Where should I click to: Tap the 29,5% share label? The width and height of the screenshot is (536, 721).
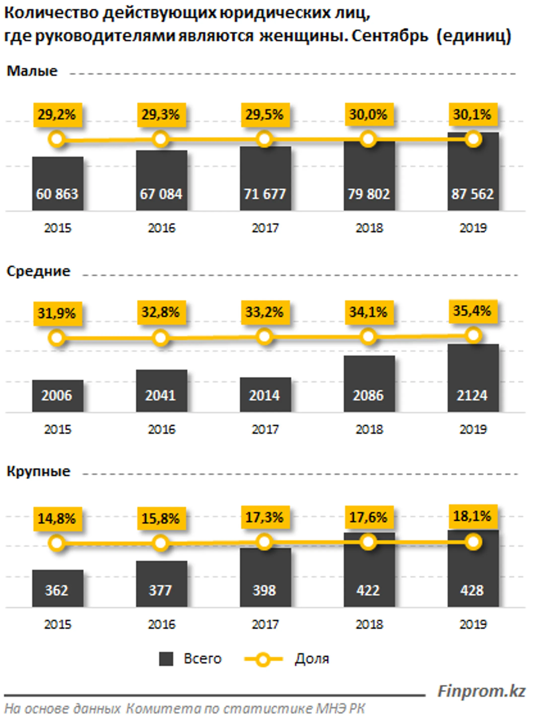tap(265, 115)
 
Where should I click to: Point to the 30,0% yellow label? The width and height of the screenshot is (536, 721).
tap(368, 115)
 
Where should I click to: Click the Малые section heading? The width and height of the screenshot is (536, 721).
tap(32, 71)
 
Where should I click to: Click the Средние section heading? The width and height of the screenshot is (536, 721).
tap(38, 271)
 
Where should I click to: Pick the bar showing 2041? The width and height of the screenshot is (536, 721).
tap(161, 391)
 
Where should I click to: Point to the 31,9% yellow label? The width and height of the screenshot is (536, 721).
tap(57, 313)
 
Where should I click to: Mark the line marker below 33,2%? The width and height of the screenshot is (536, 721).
tap(265, 337)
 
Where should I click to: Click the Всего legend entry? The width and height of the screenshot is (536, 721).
tap(190, 659)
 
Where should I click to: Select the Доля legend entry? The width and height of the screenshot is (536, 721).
tap(287, 659)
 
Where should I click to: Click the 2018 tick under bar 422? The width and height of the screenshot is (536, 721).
tap(369, 624)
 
